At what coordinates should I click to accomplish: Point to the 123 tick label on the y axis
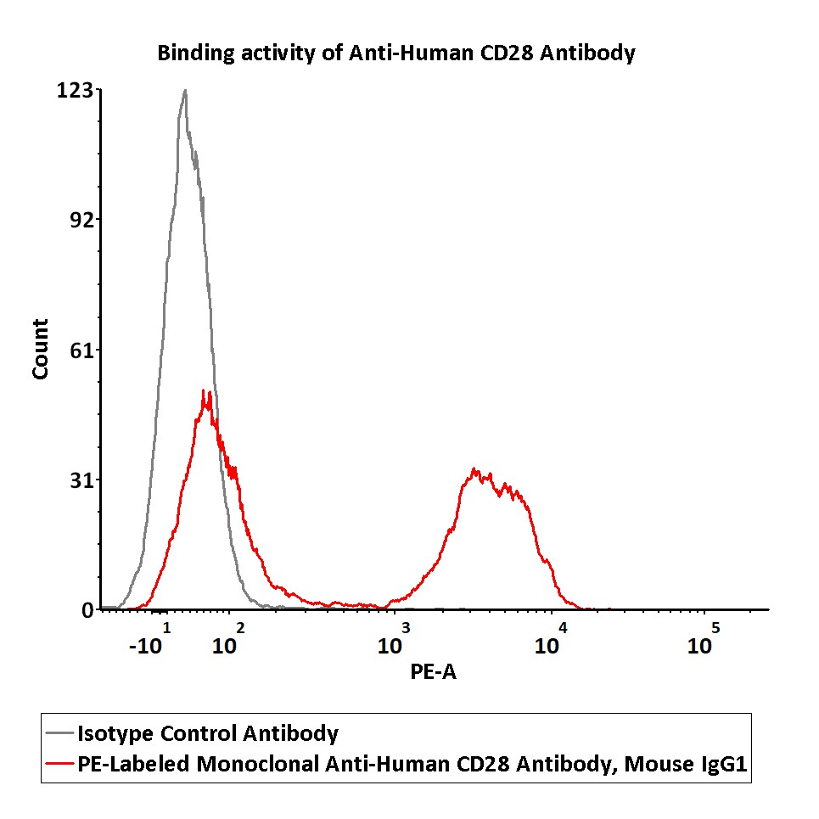click(x=75, y=90)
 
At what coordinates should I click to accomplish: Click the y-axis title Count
click(x=40, y=349)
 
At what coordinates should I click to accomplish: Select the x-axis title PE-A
click(x=434, y=673)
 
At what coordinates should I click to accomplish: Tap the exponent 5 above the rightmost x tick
click(x=715, y=628)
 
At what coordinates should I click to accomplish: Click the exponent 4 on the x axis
click(x=562, y=628)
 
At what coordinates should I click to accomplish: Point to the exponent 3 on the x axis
click(x=406, y=628)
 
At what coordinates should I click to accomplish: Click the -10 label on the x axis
click(x=145, y=647)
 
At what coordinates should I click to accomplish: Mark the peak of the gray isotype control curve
click(x=184, y=90)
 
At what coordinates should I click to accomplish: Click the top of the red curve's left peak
click(x=204, y=391)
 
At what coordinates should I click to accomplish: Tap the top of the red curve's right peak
click(x=475, y=468)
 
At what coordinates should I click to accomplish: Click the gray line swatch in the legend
click(x=59, y=733)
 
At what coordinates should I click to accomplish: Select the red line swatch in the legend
click(x=59, y=764)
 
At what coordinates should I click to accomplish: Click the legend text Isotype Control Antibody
click(x=208, y=733)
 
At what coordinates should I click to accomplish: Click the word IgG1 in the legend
click(x=722, y=764)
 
